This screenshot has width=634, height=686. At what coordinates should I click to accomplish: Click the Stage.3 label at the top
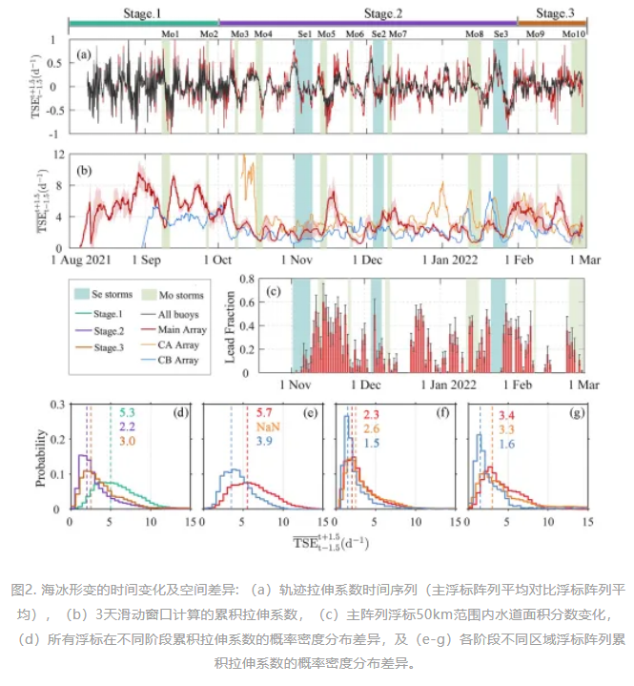pyautogui.click(x=552, y=12)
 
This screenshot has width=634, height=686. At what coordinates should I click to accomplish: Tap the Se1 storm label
pyautogui.click(x=304, y=34)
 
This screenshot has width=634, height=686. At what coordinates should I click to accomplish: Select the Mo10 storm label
pyautogui.click(x=574, y=34)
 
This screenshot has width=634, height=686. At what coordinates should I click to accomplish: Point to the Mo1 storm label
pyautogui.click(x=171, y=34)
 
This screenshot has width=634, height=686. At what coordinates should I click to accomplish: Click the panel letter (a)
pyautogui.click(x=85, y=53)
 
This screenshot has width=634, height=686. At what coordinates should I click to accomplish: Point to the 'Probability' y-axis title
pyautogui.click(x=43, y=460)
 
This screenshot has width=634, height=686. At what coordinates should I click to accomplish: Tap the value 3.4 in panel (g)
pyautogui.click(x=508, y=415)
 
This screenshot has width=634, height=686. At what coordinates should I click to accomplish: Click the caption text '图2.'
pyautogui.click(x=23, y=588)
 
